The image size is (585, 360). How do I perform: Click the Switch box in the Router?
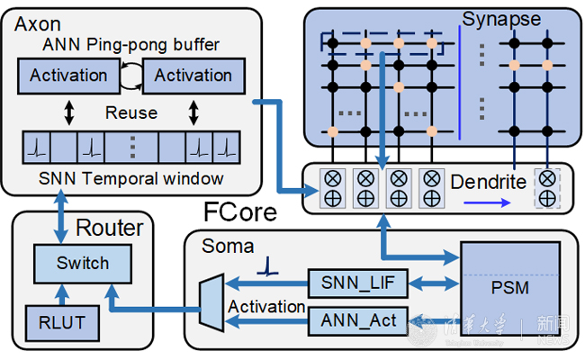83,264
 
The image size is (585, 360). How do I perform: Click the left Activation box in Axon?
69,76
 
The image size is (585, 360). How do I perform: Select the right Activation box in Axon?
193,76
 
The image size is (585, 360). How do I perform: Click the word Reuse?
131,113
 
